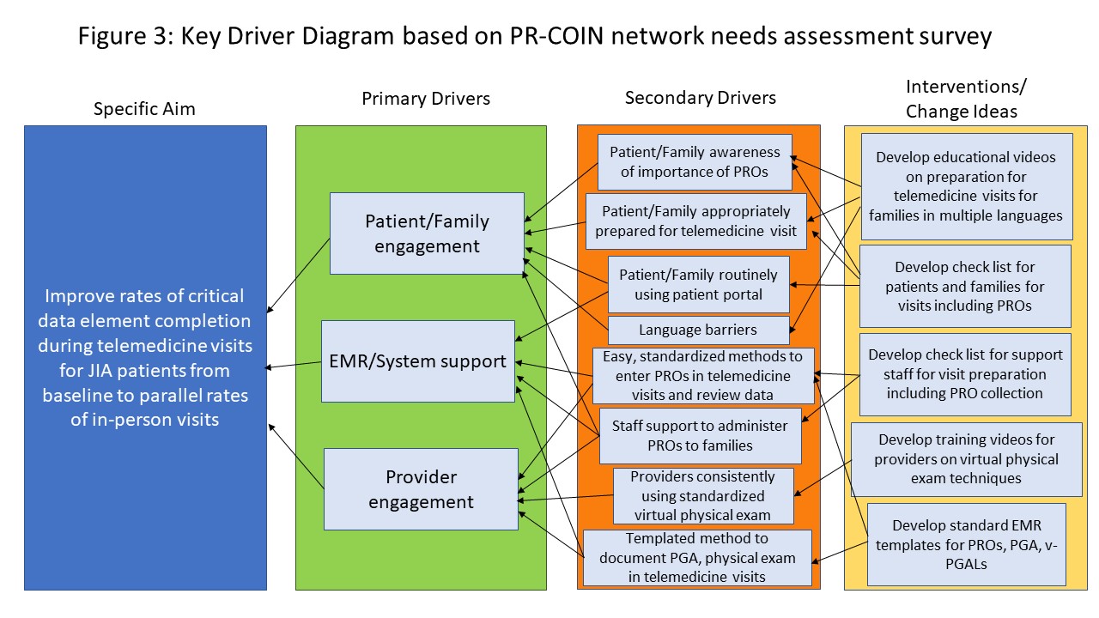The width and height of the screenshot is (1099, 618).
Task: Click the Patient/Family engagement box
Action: pyautogui.click(x=427, y=233)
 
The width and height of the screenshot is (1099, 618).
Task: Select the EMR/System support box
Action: pyautogui.click(x=418, y=361)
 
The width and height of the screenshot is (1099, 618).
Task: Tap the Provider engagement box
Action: pyautogui.click(x=421, y=488)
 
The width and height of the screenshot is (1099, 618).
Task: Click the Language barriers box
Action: pyautogui.click(x=699, y=330)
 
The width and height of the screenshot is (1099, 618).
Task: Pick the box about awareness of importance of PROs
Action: pyautogui.click(x=695, y=161)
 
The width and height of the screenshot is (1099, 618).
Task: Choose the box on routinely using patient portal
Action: pyautogui.click(x=698, y=284)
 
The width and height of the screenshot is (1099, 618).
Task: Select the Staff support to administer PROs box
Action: pyautogui.click(x=700, y=435)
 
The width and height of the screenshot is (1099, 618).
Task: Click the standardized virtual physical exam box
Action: pyautogui.click(x=702, y=495)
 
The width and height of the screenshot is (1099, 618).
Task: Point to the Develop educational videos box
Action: pyautogui.click(x=966, y=186)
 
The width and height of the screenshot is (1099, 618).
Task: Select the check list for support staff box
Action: pyautogui.click(x=965, y=374)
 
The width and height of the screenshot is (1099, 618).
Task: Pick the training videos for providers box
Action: pyautogui.click(x=966, y=458)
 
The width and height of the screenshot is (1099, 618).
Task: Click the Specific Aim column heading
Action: pyautogui.click(x=144, y=109)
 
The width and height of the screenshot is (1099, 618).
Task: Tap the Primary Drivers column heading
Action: pyautogui.click(x=426, y=99)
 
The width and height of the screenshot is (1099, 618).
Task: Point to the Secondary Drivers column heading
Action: pyautogui.click(x=701, y=98)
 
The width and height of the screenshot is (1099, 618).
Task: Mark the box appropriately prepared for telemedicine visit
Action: pyautogui.click(x=695, y=221)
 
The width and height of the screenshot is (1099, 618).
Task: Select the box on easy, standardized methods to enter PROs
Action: pyautogui.click(x=703, y=375)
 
